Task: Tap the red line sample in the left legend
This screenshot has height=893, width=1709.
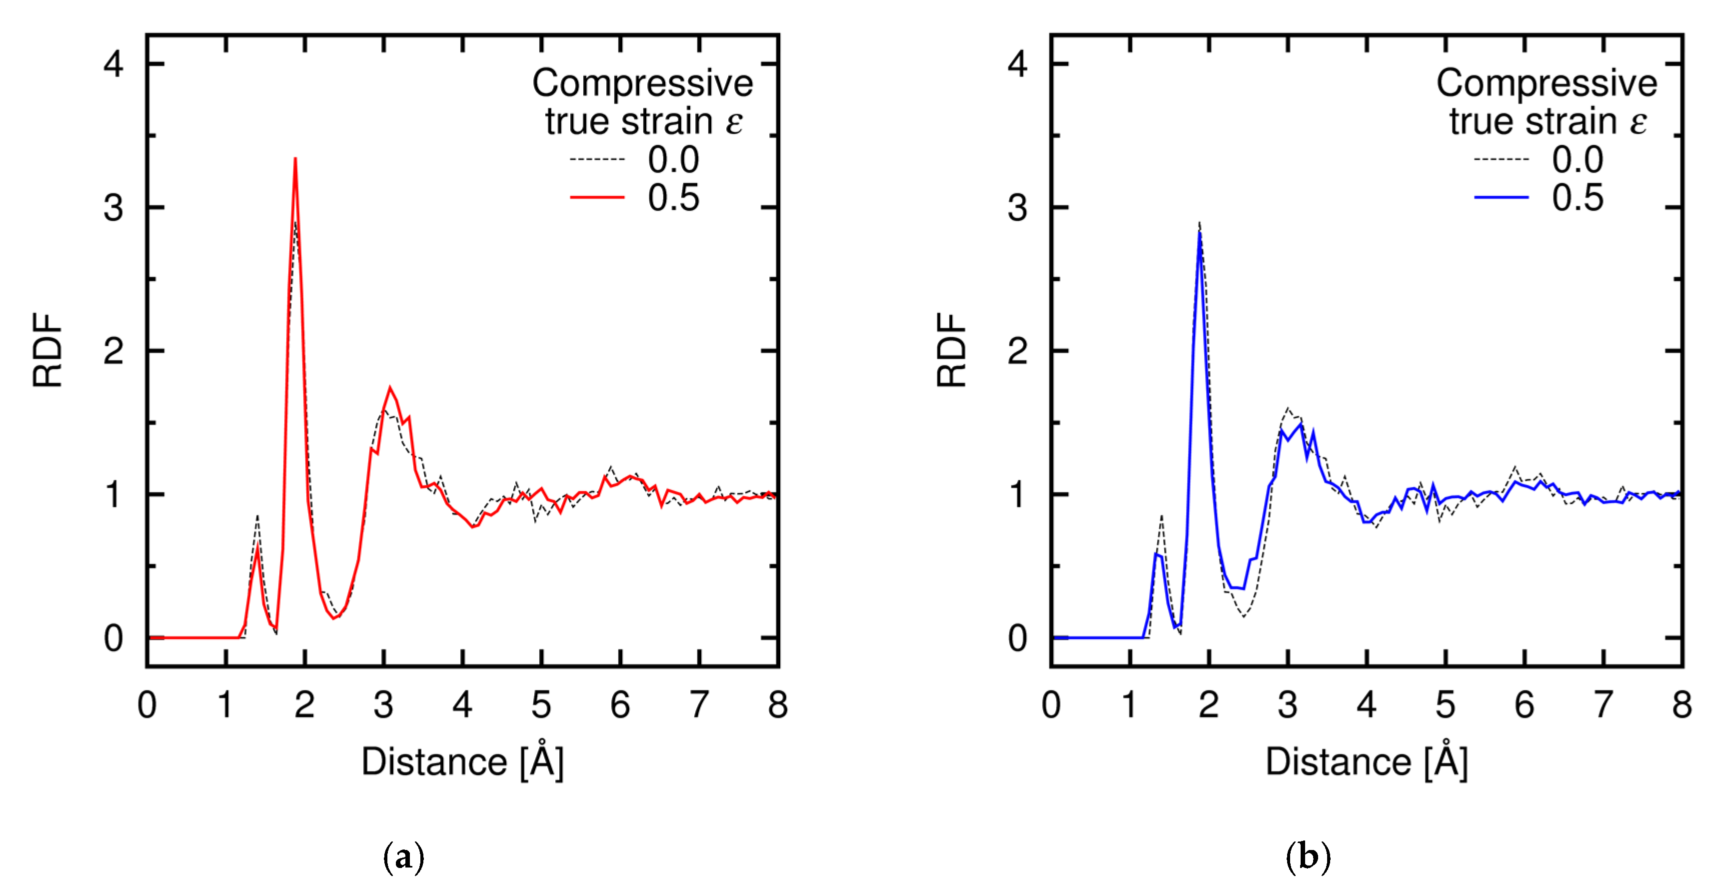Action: pyautogui.click(x=597, y=197)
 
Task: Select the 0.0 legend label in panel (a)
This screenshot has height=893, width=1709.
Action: pyautogui.click(x=673, y=159)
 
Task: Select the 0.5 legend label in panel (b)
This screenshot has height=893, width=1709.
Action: pyautogui.click(x=1577, y=197)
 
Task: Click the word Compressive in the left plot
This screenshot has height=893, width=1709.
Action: pyautogui.click(x=642, y=83)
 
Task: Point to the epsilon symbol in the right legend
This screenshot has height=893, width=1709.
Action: pyautogui.click(x=1638, y=122)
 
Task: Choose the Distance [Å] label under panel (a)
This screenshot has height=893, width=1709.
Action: pyautogui.click(x=462, y=761)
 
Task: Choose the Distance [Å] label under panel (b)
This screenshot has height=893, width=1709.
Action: pyautogui.click(x=1367, y=761)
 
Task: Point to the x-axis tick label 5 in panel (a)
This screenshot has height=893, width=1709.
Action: pyautogui.click(x=541, y=704)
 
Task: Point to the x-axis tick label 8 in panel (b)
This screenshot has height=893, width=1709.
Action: pyautogui.click(x=1682, y=704)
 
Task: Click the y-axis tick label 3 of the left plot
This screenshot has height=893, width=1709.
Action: pyautogui.click(x=113, y=207)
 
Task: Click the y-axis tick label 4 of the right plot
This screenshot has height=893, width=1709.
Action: pyautogui.click(x=1017, y=64)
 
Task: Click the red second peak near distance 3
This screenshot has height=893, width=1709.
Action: pyautogui.click(x=390, y=388)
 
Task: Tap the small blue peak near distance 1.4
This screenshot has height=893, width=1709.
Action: pyautogui.click(x=1156, y=554)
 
